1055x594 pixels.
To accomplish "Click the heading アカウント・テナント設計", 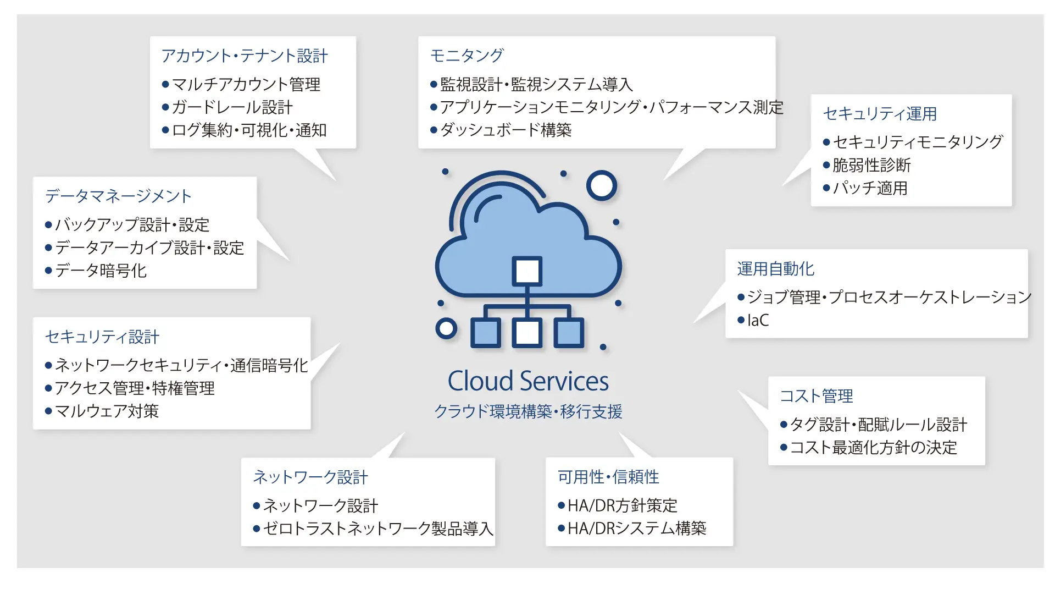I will pos(245,56).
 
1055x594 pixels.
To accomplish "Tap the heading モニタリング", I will pos(467,56).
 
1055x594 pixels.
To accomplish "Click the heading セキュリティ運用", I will pos(880,114).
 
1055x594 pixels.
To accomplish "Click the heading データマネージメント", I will pos(118,196).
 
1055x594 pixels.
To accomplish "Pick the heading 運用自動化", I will pos(775,269).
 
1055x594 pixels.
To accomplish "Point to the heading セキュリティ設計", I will pos(102,337).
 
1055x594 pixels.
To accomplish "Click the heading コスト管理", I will pos(817,396).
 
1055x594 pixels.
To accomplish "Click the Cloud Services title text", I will pos(528,381).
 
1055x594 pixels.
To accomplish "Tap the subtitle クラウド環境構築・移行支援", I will pos(528,411).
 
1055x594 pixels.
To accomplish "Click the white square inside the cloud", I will pos(527,271).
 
